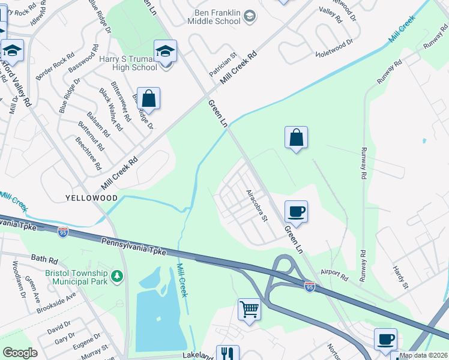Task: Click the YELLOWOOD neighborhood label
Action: point(92,198)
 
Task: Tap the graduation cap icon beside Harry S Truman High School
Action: point(165,52)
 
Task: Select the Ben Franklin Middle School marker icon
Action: point(250,19)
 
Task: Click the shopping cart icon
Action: point(249,310)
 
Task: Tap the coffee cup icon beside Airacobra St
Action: point(297,211)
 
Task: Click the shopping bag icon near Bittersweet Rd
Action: point(149,98)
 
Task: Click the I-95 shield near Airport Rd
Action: point(309,287)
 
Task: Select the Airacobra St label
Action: point(256,205)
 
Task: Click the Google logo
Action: point(20,353)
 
